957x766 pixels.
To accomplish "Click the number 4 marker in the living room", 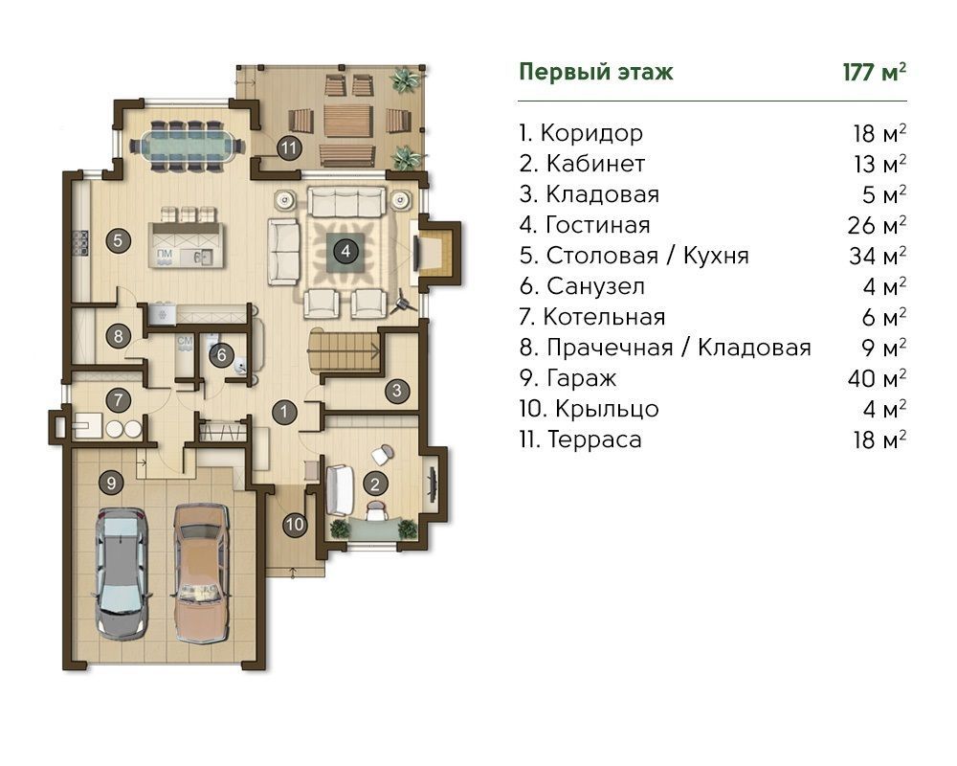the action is tap(346, 251).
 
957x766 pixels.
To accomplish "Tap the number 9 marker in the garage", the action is tap(111, 484).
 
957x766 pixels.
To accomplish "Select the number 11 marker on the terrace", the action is tap(289, 147).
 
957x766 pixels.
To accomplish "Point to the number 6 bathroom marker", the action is tap(222, 355).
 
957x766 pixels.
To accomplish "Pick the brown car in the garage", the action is tap(202, 573).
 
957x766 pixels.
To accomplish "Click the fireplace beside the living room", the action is tap(436, 251).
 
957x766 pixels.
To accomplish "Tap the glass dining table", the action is tap(186, 146).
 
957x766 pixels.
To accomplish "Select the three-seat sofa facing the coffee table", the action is tap(346, 202).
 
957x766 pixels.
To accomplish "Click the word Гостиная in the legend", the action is tap(597, 225).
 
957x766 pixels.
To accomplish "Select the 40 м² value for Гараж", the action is tap(877, 378).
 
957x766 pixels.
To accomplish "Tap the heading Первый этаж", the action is tap(595, 72).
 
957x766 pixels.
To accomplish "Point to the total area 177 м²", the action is tap(874, 72).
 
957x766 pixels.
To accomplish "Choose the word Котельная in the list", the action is tap(604, 317).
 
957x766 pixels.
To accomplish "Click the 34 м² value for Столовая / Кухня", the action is tap(877, 256).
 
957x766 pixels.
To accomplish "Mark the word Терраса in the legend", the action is tap(594, 439).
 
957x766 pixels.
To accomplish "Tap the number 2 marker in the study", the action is tap(375, 484).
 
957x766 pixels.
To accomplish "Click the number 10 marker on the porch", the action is tap(295, 524).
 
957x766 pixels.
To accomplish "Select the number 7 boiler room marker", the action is tap(119, 401).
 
